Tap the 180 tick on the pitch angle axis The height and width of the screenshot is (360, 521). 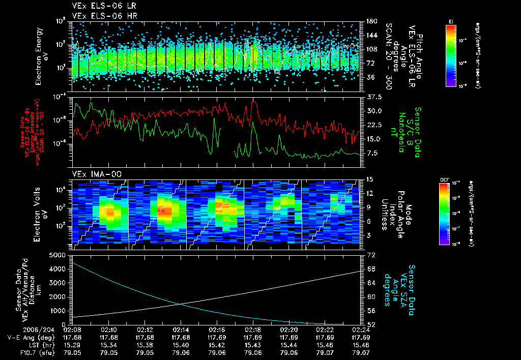pos(371,21)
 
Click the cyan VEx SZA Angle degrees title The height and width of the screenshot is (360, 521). pos(404,286)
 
